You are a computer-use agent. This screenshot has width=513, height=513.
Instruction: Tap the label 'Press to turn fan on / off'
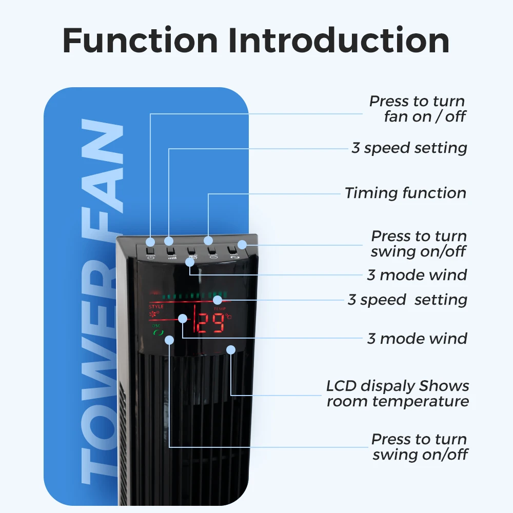point(417,109)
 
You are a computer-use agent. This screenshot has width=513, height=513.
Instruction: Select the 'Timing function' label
point(405,193)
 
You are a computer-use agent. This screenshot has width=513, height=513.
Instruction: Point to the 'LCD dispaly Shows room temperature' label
point(398,393)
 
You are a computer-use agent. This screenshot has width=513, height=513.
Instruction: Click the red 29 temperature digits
point(211,324)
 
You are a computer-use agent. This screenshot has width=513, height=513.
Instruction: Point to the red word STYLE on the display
point(156,306)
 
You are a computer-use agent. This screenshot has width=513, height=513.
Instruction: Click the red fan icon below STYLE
point(154,313)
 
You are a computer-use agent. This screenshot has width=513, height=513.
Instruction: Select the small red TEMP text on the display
point(220,308)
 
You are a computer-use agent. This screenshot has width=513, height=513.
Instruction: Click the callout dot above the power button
point(150,241)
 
